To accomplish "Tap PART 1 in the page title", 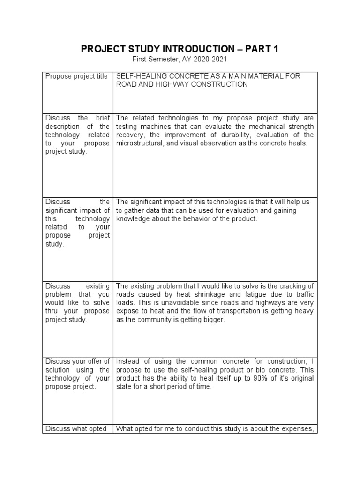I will click(263, 49).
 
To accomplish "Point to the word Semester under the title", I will click(164, 60).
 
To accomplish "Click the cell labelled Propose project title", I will click(76, 76).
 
